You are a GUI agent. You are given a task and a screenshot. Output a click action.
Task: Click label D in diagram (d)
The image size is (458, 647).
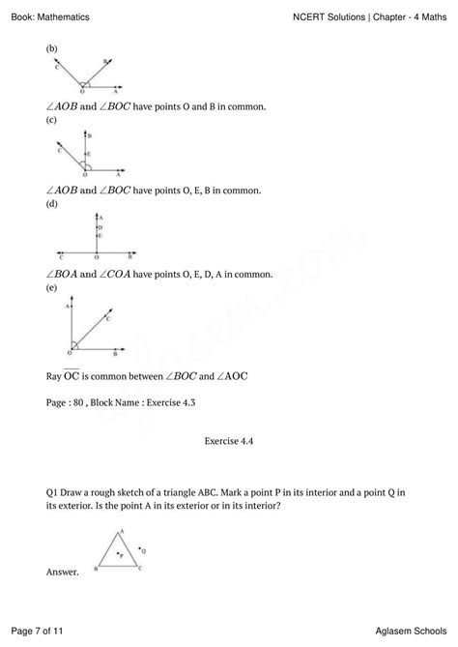point(100,228)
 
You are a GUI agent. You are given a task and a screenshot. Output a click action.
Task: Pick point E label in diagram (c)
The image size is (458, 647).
point(89,153)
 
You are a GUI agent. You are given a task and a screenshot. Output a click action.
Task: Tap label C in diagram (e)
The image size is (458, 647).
point(107,317)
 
